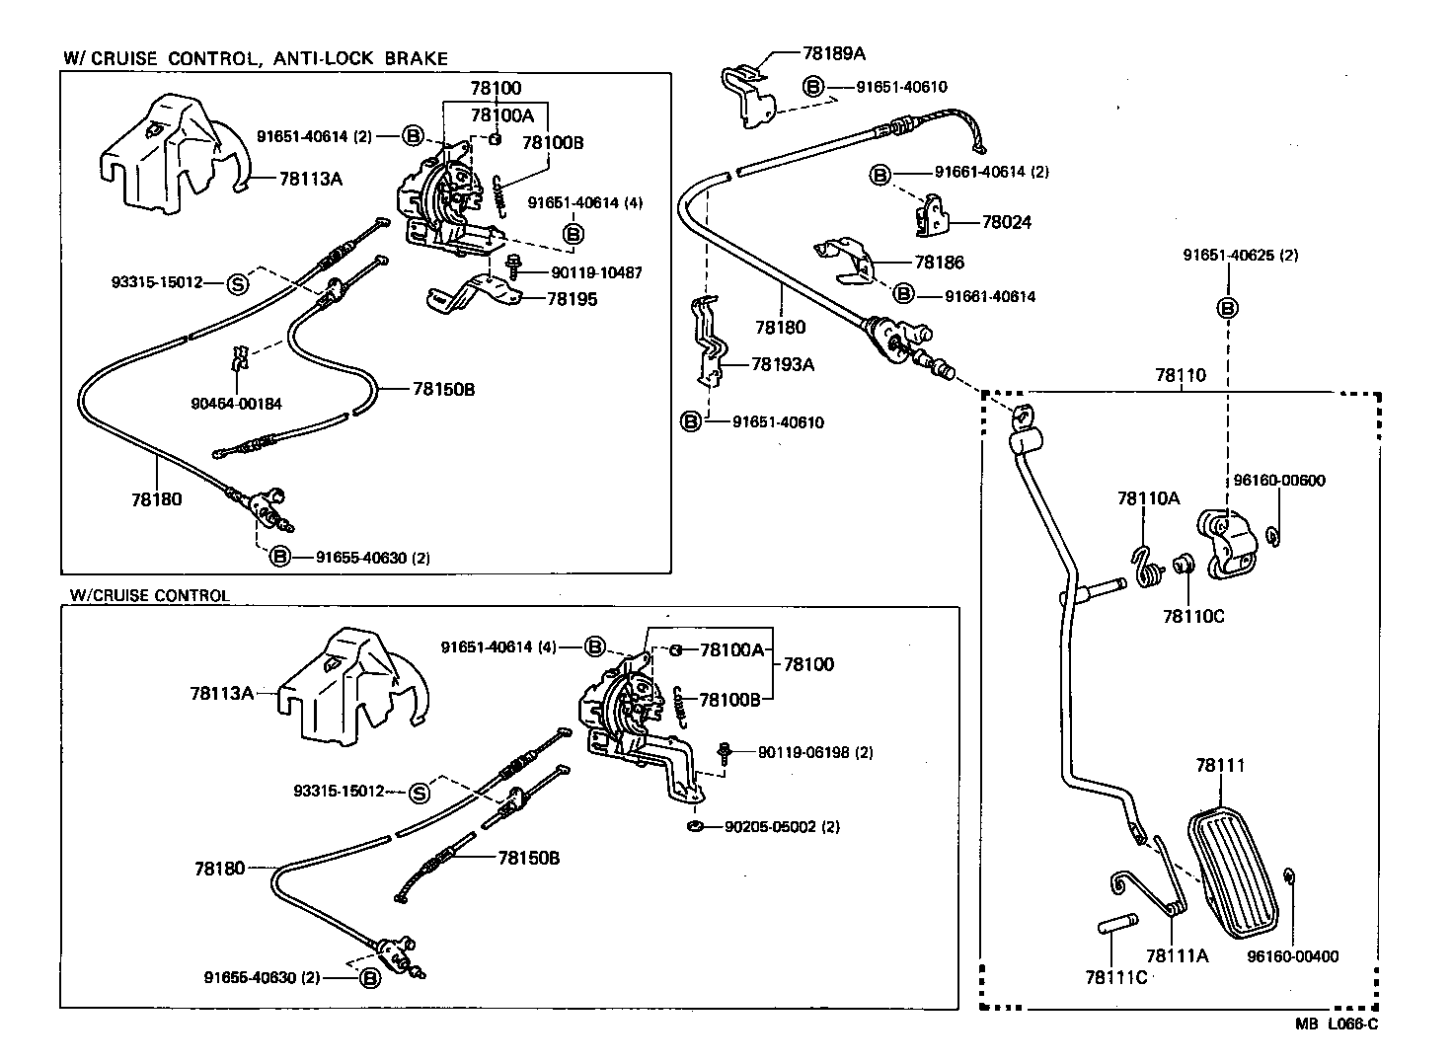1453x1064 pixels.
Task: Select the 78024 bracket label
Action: pos(1007,223)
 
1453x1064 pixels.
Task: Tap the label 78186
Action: pos(939,263)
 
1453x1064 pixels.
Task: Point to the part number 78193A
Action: pos(783,364)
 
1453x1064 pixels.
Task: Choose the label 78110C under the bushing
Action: pos(1192,616)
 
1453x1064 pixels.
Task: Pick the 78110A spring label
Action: pos(1148,499)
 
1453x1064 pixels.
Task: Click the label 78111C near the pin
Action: pos(1115,977)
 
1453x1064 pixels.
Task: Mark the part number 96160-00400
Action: pos(1293,956)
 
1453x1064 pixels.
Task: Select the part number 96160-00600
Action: pos(1279,481)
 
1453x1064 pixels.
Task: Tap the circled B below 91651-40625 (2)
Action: pos(1228,308)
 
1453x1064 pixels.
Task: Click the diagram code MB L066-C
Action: pos(1337,1025)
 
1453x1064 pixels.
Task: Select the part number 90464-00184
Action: pos(236,403)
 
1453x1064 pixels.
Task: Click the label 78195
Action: pos(572,298)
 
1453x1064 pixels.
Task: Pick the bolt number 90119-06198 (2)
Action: pos(815,752)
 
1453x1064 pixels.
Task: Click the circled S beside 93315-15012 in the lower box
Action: pos(420,792)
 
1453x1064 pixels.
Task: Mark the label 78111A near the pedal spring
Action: pos(1177,955)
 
